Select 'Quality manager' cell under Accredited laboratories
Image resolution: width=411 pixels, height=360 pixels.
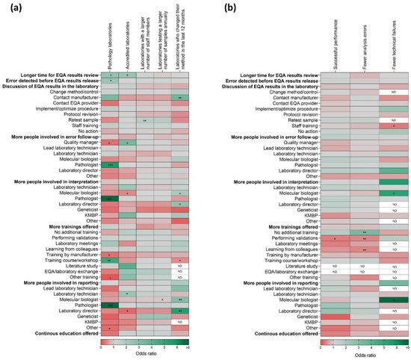click(x=128, y=142)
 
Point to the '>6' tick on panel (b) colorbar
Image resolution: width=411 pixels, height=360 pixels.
click(x=407, y=349)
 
